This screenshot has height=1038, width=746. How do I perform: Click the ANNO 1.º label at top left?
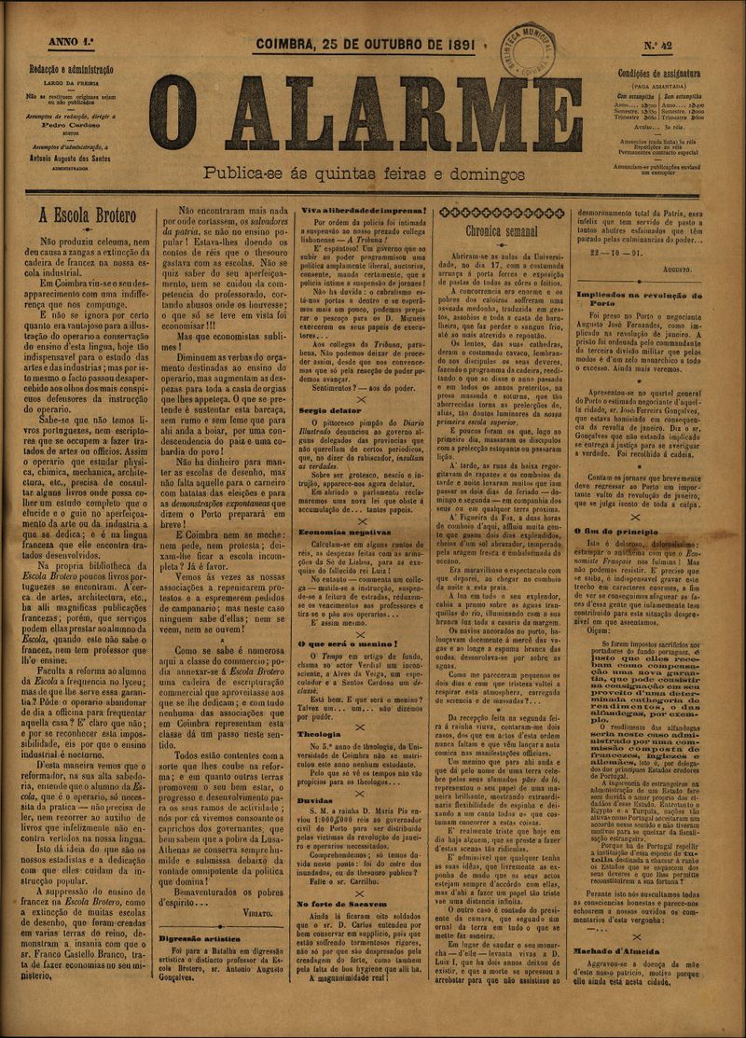(54, 42)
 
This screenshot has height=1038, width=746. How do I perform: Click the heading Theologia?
(319, 708)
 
